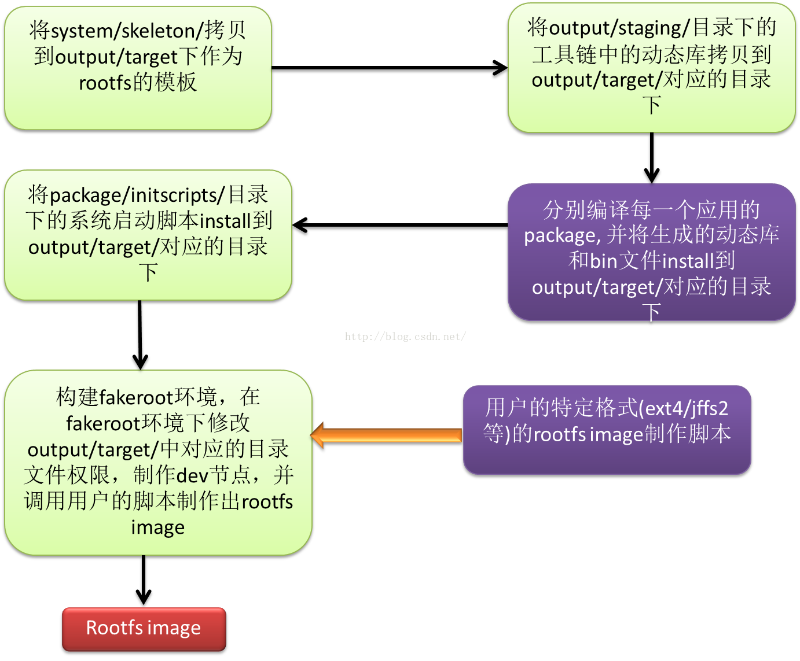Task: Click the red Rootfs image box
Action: (x=144, y=629)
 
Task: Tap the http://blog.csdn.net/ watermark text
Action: (x=405, y=337)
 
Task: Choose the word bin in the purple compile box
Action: (x=603, y=261)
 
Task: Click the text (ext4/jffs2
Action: (x=683, y=408)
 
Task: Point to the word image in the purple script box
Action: (x=616, y=434)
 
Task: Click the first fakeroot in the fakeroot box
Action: (x=137, y=397)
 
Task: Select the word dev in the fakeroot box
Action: (x=192, y=475)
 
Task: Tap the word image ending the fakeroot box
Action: (x=158, y=527)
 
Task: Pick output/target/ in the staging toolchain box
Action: (x=596, y=80)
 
